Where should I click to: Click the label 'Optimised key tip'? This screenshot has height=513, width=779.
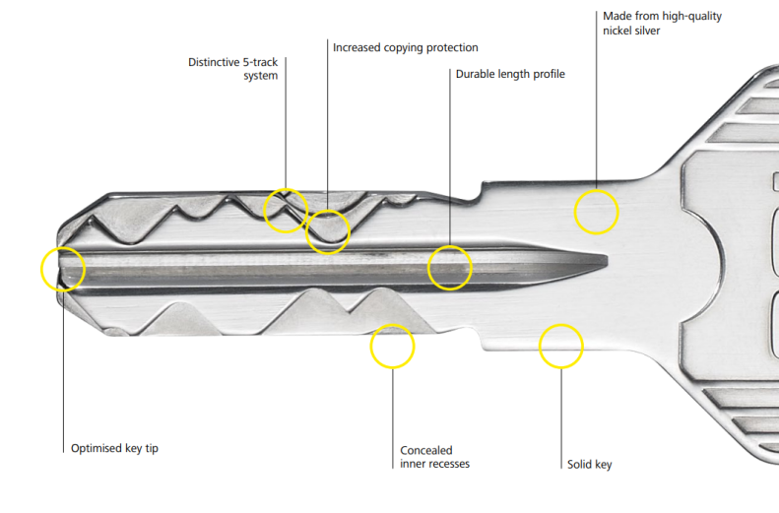[x=114, y=448]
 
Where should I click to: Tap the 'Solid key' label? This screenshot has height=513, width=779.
[x=589, y=465]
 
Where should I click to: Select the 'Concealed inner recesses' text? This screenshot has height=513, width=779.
[x=434, y=457]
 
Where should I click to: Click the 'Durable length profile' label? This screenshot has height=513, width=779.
[x=510, y=74]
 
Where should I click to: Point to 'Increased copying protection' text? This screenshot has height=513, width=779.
[x=406, y=47]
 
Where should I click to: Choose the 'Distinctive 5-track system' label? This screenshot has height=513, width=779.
[x=233, y=69]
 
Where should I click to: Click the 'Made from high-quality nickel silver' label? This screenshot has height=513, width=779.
[x=662, y=24]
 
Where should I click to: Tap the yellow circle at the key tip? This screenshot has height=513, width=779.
[x=41, y=269]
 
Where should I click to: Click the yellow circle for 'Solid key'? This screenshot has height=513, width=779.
[x=540, y=347]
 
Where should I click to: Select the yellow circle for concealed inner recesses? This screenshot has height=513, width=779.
[x=370, y=347]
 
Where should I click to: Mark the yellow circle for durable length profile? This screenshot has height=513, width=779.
[x=427, y=268]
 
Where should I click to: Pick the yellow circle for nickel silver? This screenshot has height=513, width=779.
[x=574, y=212]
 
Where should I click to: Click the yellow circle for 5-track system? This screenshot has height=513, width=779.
[x=264, y=211]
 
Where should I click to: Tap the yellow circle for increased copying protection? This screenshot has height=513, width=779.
[x=306, y=232]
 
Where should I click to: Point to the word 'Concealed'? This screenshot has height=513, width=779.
[x=426, y=450]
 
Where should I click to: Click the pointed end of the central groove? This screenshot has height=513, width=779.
[x=607, y=260]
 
